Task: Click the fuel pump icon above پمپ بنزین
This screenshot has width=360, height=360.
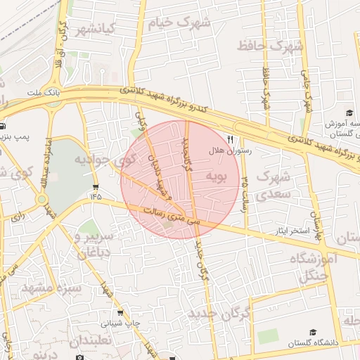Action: pyautogui.click(x=4, y=127)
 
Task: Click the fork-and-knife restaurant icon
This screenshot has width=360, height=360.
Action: pyautogui.click(x=230, y=139)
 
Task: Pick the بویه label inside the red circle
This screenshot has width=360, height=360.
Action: pyautogui.click(x=215, y=175)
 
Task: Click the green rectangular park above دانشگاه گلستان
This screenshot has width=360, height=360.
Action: pyautogui.click(x=267, y=336)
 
